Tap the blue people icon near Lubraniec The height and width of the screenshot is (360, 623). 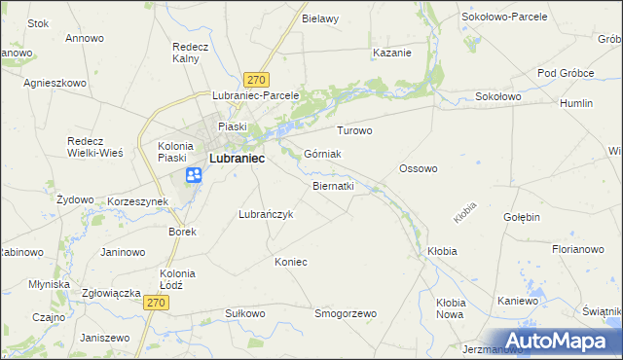coord(194,175)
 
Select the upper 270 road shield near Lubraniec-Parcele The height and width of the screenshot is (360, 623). coord(257,80)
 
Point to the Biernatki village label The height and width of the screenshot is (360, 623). coord(333,185)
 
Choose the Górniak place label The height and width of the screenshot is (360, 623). coord(322,154)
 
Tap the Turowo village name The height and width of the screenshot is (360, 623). coord(354,130)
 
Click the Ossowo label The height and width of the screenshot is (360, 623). coord(419,168)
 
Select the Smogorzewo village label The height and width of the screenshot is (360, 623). coord(345,313)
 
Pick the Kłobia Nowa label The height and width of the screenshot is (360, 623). coord(450,308)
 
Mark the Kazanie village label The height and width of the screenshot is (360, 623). coord(391,53)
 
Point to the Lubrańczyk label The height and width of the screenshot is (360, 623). coord(266,214)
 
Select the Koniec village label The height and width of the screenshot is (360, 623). coord(291,262)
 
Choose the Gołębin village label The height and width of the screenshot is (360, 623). coord(521,217)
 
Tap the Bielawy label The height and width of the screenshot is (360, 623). coord(319,18)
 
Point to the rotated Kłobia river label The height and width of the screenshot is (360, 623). coord(465,210)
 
